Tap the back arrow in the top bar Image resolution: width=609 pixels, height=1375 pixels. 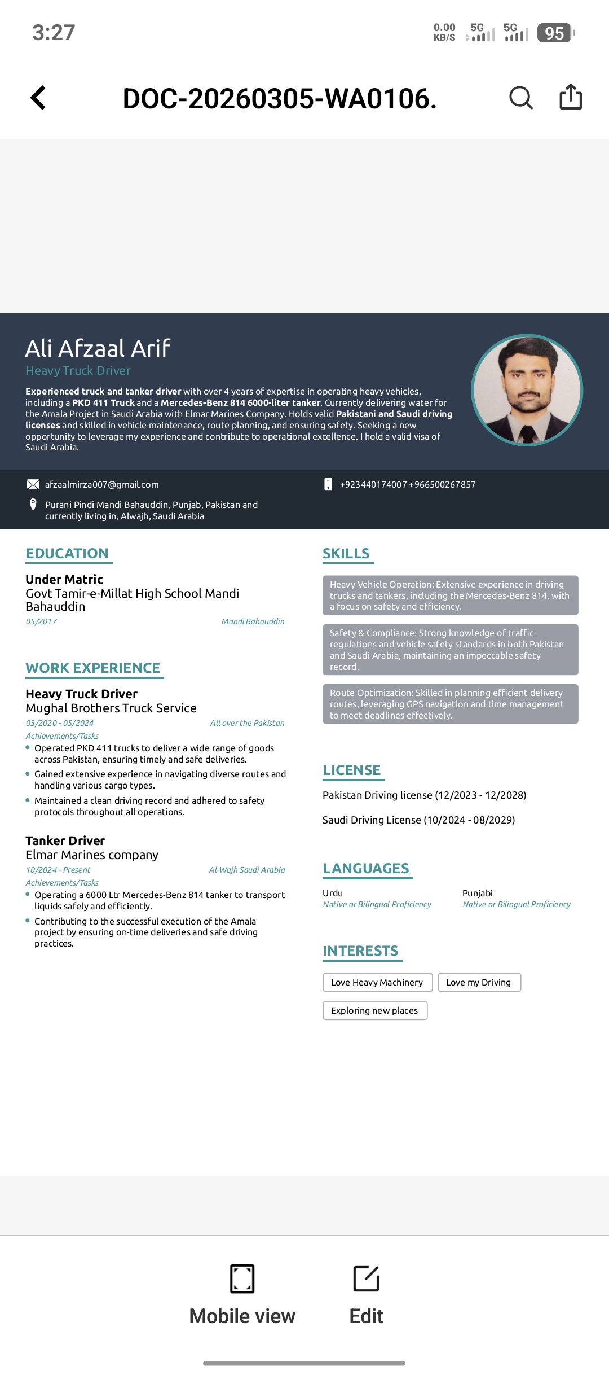[x=38, y=98]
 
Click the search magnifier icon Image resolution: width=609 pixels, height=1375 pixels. [x=520, y=98]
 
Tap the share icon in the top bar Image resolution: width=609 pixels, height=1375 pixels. [x=570, y=97]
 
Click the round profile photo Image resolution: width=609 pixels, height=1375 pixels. [x=527, y=390]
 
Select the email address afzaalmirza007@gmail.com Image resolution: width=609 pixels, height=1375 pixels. [x=102, y=484]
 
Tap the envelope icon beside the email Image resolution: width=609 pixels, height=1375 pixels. [x=33, y=484]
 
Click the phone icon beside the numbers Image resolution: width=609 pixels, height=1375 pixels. [x=328, y=484]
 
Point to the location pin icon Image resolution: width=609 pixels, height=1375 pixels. [x=33, y=505]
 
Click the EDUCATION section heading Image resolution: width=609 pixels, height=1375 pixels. [x=67, y=553]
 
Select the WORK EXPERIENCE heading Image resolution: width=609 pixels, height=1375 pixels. [x=93, y=668]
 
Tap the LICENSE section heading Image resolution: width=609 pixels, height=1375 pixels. [x=351, y=770]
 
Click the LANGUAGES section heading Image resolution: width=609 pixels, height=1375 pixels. [x=366, y=868]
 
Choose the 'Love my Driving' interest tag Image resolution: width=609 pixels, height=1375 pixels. [x=479, y=982]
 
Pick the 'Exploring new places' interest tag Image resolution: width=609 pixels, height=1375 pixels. [x=374, y=1010]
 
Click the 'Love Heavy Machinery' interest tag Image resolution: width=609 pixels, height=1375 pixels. [x=377, y=982]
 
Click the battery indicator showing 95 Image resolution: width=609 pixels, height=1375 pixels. [x=555, y=33]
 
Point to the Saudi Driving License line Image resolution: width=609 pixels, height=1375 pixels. [x=418, y=820]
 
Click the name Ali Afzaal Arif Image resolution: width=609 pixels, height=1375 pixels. [x=98, y=348]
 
